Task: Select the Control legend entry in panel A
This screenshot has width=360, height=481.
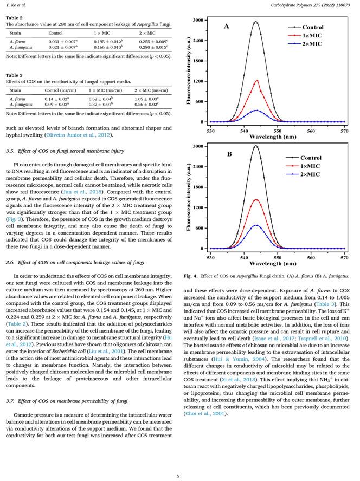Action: click(313, 27)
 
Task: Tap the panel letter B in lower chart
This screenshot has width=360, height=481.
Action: click(229, 153)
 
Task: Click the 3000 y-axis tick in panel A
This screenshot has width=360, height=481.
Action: click(198, 20)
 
